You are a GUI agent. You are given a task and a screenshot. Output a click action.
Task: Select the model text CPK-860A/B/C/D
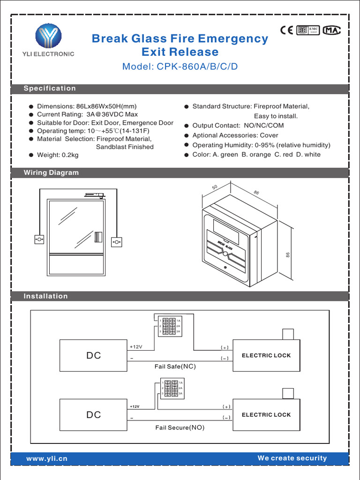[x=180, y=67]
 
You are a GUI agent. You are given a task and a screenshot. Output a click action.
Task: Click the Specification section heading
[x=50, y=89]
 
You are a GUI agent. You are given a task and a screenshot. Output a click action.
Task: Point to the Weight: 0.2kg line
[x=58, y=155]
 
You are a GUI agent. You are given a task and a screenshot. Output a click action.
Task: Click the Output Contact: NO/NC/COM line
[x=238, y=126]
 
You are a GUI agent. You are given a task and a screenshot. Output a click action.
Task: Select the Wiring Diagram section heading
[x=51, y=172]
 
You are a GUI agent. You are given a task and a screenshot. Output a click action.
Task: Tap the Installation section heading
[x=45, y=296]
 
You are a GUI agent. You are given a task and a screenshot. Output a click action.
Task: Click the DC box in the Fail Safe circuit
[x=94, y=355]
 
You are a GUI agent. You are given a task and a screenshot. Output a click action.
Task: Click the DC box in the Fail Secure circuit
[x=94, y=415]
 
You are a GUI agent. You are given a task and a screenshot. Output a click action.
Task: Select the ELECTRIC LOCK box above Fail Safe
[x=266, y=355]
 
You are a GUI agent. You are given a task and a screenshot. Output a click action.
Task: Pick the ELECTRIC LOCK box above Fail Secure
[x=266, y=415]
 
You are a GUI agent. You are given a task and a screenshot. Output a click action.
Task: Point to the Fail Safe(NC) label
[x=174, y=366]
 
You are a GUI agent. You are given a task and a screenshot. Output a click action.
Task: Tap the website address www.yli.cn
[x=47, y=458]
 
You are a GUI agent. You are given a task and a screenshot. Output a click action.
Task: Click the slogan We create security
[x=292, y=458]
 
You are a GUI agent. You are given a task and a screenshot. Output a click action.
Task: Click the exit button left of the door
[x=39, y=240]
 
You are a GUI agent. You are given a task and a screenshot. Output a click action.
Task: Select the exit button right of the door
[x=117, y=242]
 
